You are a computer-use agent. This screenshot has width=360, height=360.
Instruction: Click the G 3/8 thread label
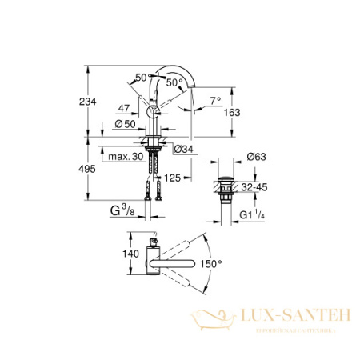point(124,212)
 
